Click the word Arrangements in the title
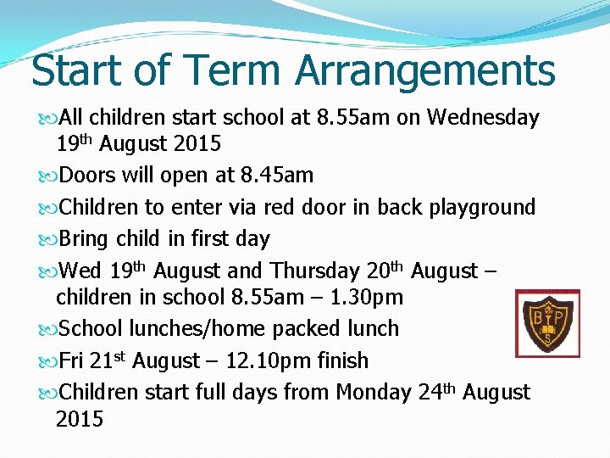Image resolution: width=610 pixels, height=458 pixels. coord(425,71)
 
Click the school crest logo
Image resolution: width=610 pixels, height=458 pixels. coord(547,323)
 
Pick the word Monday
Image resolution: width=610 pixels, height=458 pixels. coord(374,393)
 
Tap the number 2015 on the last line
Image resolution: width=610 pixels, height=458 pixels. coord(79,419)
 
